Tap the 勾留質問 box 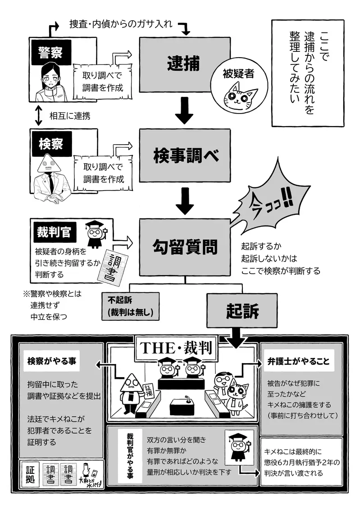(185, 246)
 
